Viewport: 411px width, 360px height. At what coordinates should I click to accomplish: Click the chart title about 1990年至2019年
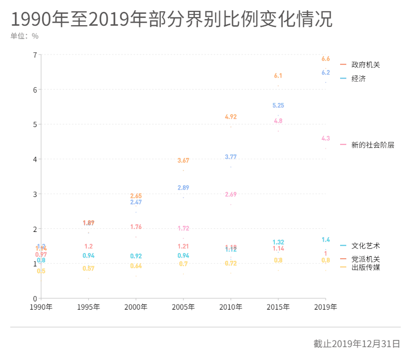tap(172, 20)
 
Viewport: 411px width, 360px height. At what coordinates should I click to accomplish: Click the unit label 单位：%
tap(24, 36)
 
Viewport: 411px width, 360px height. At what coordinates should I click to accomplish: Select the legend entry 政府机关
tap(365, 65)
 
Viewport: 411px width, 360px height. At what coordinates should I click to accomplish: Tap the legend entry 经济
tap(358, 79)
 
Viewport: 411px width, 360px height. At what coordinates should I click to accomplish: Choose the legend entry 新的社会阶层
tap(372, 145)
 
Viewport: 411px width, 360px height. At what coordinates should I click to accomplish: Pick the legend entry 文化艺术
tap(365, 246)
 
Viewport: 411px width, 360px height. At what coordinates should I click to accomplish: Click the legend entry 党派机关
tap(365, 259)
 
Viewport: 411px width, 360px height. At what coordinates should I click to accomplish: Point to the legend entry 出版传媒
tap(365, 267)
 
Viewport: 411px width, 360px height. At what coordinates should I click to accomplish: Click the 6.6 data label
tap(325, 59)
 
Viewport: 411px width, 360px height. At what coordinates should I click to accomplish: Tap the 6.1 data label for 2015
tap(278, 76)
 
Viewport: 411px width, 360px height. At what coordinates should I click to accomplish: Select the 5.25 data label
tap(278, 105)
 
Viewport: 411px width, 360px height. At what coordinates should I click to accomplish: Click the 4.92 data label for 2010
tap(231, 117)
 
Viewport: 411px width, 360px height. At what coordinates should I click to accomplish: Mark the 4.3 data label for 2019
tap(325, 138)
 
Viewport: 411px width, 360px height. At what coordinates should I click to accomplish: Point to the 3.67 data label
tap(183, 160)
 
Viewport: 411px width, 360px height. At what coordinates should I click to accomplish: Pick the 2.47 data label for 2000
tap(136, 202)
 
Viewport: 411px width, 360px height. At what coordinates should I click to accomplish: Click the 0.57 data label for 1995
tap(89, 268)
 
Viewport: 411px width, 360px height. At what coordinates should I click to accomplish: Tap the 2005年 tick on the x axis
tap(183, 307)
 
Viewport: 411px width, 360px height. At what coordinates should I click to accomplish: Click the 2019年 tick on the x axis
tap(325, 307)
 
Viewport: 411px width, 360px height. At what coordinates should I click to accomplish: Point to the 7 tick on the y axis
tap(34, 55)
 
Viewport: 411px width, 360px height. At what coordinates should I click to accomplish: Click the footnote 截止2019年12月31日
tap(357, 344)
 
